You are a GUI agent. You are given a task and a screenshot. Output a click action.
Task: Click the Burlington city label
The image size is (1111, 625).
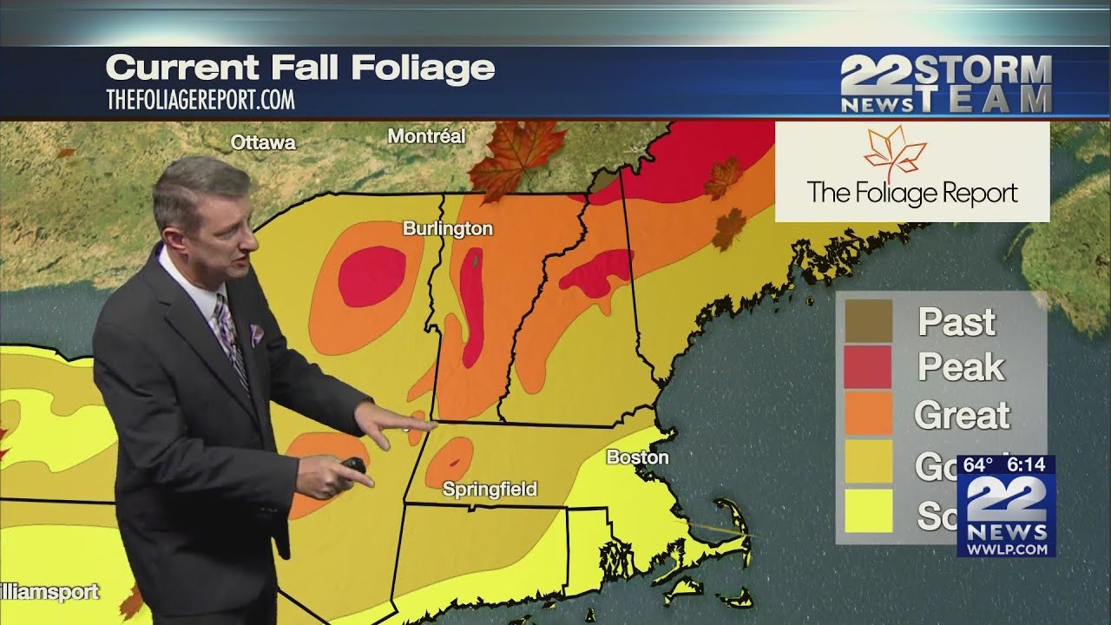[448, 229]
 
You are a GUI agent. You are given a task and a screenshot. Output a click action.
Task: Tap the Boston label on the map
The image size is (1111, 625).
[637, 457]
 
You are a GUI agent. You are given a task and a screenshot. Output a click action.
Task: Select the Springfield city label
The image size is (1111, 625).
[490, 490]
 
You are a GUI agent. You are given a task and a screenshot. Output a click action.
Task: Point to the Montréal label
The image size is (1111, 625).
[426, 136]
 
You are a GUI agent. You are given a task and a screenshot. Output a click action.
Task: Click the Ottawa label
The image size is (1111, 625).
[263, 143]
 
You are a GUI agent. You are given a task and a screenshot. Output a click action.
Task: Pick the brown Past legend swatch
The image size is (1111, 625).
[868, 321]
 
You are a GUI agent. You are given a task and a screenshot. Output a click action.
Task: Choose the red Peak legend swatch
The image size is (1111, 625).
[868, 367]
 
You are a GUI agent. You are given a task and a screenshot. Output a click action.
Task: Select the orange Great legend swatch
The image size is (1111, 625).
[868, 414]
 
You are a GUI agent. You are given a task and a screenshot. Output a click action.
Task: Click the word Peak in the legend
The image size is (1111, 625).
[961, 368]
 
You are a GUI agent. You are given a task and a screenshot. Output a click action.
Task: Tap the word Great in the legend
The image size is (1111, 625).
[962, 415]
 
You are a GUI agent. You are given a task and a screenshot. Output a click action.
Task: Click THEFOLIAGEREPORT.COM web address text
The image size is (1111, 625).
[201, 100]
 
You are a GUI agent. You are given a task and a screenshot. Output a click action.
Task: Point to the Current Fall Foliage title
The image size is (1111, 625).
[300, 68]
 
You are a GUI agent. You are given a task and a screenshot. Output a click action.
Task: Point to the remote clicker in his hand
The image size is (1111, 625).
[353, 466]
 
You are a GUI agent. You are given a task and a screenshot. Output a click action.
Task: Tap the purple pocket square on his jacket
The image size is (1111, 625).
[256, 333]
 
